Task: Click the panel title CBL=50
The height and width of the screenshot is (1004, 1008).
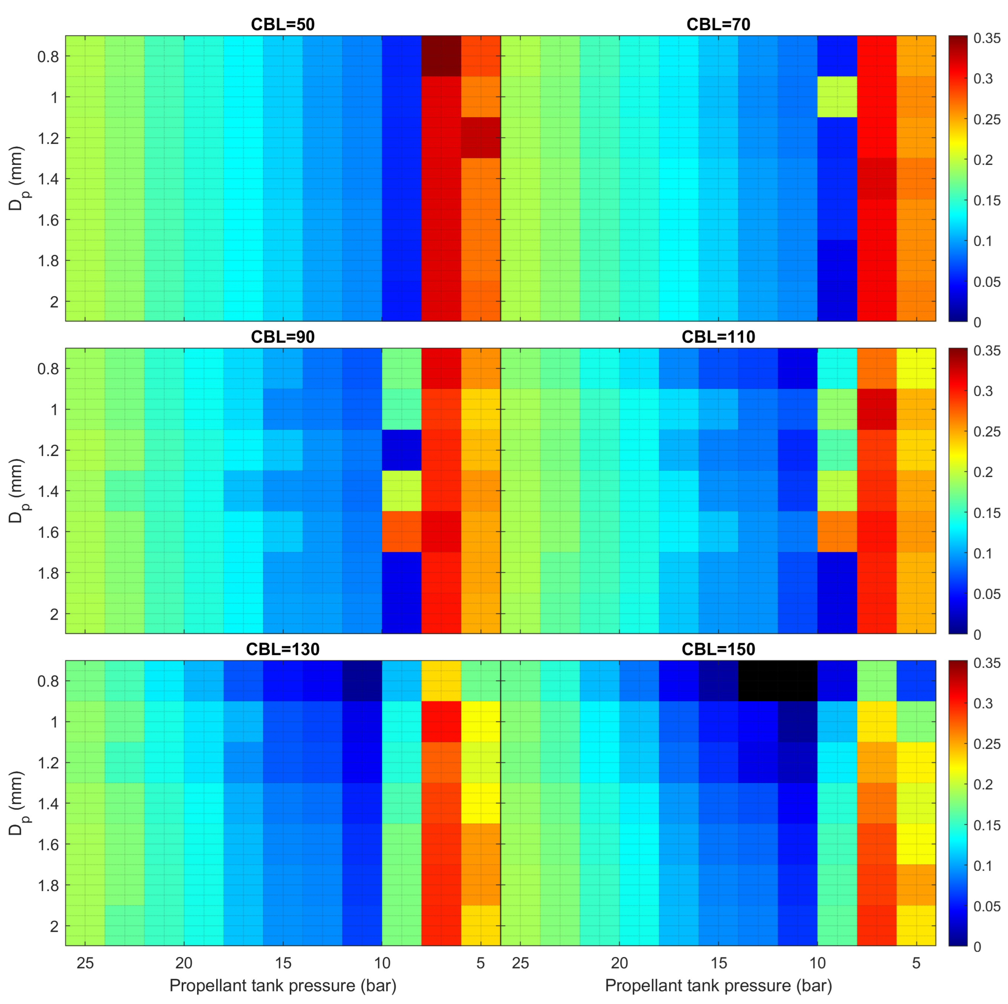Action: (283, 25)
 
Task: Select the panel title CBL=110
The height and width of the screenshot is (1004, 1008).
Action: (718, 337)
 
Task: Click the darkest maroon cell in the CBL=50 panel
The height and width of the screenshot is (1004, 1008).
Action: (441, 56)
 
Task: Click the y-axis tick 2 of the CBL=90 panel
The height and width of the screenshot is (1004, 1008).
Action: (54, 614)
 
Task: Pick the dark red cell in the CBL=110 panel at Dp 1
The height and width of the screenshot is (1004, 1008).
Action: (876, 409)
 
